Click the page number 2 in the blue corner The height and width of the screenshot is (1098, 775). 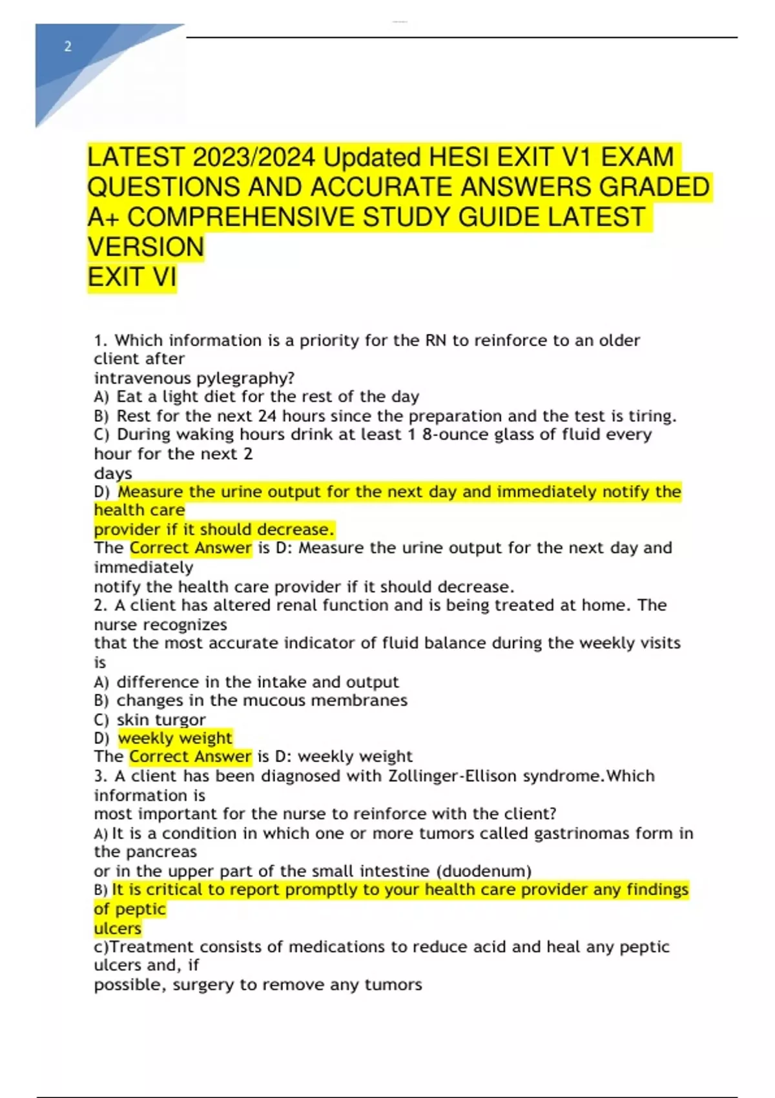(x=67, y=47)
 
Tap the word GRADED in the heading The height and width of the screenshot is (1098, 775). (x=654, y=187)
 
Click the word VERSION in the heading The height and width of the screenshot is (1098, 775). (x=145, y=247)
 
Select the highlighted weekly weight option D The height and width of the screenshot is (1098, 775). (x=175, y=738)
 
